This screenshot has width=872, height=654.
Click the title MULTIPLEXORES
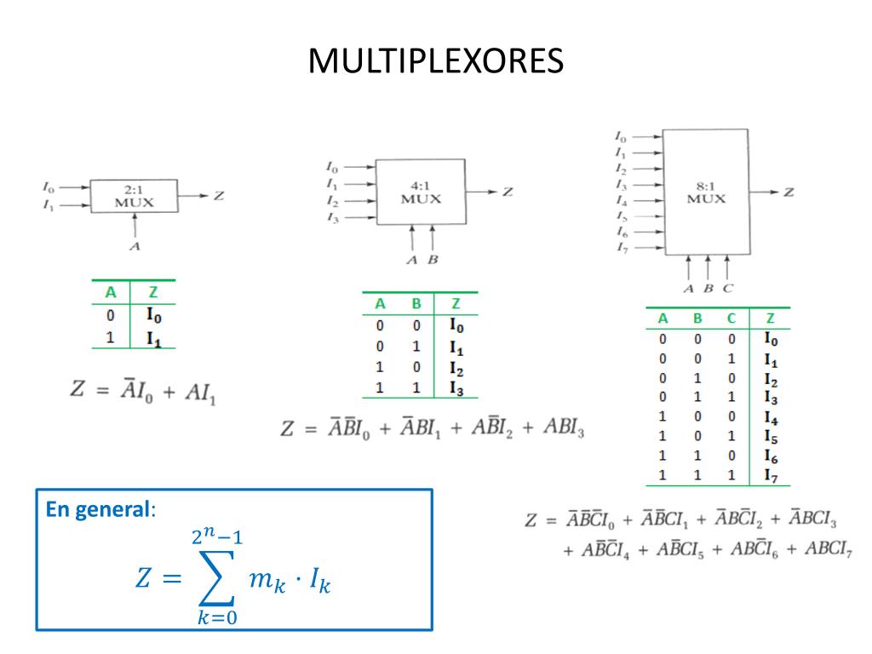pyautogui.click(x=435, y=61)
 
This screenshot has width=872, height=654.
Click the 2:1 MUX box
pyautogui.click(x=135, y=197)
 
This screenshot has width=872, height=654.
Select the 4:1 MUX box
pyautogui.click(x=421, y=192)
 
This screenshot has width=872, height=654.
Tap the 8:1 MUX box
pyautogui.click(x=706, y=192)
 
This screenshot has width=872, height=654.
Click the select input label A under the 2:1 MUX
pyautogui.click(x=134, y=246)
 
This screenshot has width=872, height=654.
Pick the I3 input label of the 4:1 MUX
pyautogui.click(x=332, y=218)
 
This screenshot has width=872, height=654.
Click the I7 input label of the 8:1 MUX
pyautogui.click(x=621, y=247)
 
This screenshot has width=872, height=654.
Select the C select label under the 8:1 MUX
pyautogui.click(x=727, y=288)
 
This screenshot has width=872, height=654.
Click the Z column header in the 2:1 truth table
pyautogui.click(x=153, y=292)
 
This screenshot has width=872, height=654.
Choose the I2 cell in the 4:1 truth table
pyautogui.click(x=457, y=368)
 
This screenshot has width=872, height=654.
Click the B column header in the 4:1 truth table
pyautogui.click(x=416, y=304)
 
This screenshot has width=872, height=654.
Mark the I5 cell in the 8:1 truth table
pyautogui.click(x=770, y=438)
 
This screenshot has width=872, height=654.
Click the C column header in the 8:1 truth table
pyautogui.click(x=731, y=319)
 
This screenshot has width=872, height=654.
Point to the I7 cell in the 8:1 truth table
pyautogui.click(x=770, y=475)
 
